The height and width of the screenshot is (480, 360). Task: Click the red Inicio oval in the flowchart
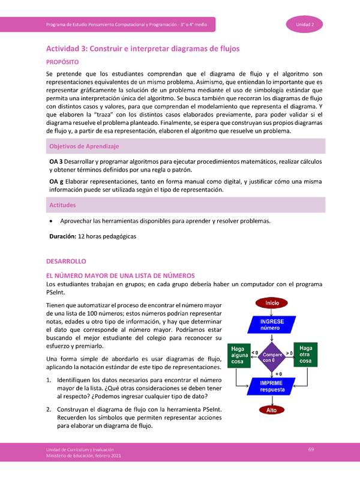[272, 303]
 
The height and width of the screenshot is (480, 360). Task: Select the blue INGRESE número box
[272, 325]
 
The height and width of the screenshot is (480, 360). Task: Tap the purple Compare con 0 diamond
[272, 356]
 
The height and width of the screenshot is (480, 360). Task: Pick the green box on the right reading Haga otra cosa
[306, 355]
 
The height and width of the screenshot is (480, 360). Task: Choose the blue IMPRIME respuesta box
[272, 386]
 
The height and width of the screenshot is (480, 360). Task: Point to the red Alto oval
[272, 410]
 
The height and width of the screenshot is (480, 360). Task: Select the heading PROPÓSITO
[66, 62]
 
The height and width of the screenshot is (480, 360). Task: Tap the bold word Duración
[63, 236]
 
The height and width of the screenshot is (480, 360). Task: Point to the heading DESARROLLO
[67, 262]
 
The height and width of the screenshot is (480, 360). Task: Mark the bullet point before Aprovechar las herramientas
[51, 221]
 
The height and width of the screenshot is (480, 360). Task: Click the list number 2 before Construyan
[49, 408]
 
